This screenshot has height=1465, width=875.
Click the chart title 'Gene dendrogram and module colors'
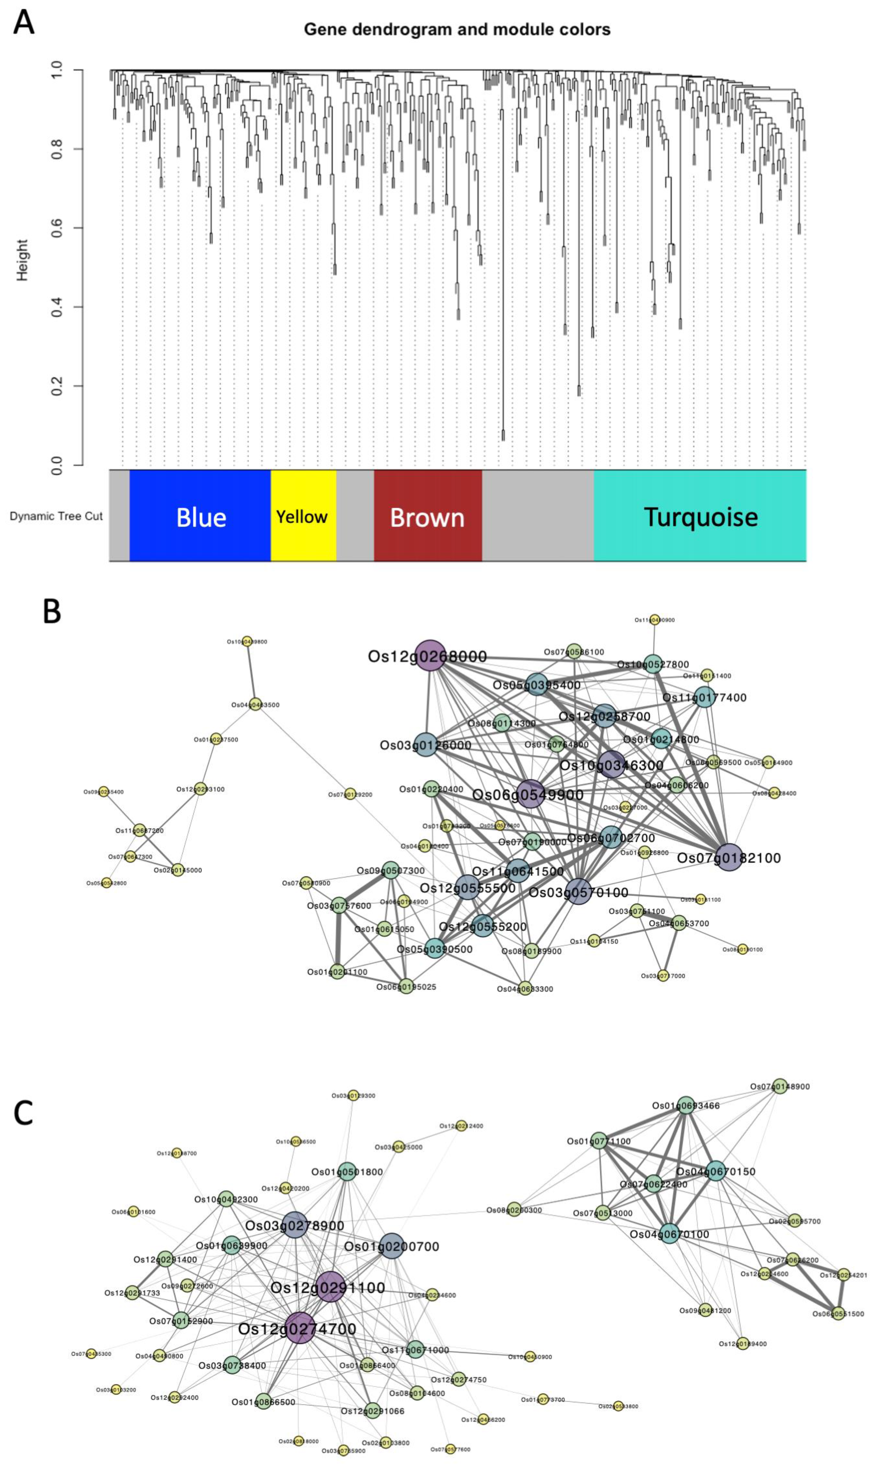point(457,29)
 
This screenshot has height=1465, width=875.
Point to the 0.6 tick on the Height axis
point(57,228)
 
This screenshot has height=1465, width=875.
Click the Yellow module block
point(303,516)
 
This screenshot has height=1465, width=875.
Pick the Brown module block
point(428,516)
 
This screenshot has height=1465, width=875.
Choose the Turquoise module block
point(700,516)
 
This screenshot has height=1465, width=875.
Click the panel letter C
point(24,1112)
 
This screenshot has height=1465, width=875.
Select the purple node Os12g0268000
point(430,655)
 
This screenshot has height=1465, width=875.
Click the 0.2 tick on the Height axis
point(57,386)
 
